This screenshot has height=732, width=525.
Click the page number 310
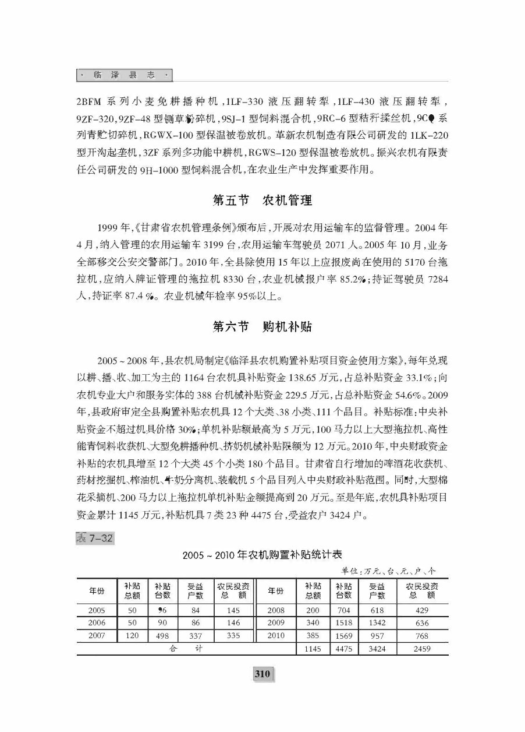pyautogui.click(x=262, y=674)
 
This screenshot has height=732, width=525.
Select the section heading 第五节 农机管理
pyautogui.click(x=262, y=200)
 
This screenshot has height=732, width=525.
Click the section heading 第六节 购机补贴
pyautogui.click(x=262, y=326)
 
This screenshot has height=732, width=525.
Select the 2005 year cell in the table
pyautogui.click(x=97, y=610)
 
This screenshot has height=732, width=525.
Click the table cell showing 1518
pyautogui.click(x=344, y=623)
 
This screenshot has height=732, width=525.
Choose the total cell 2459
pyautogui.click(x=422, y=649)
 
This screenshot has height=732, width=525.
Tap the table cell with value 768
pyautogui.click(x=422, y=636)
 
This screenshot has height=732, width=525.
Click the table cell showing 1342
pyautogui.click(x=377, y=623)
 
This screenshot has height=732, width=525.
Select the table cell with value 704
pyautogui.click(x=344, y=610)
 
